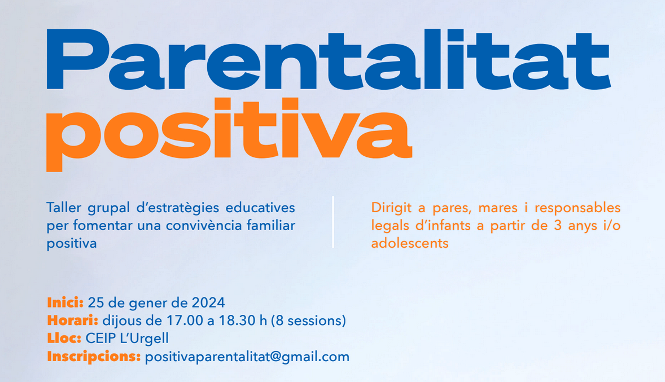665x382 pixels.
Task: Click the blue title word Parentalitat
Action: tap(328, 59)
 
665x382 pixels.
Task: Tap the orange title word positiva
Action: tap(229, 134)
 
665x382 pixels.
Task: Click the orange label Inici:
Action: tap(65, 302)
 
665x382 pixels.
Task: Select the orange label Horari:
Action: tap(72, 320)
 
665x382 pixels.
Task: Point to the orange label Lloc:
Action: tap(64, 339)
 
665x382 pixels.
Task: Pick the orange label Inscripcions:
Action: tap(94, 357)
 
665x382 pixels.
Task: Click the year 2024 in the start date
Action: tap(208, 302)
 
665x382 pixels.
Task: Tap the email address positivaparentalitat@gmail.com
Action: tap(247, 357)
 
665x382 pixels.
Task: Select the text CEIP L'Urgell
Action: tap(127, 339)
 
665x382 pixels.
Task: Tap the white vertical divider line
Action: tap(333, 222)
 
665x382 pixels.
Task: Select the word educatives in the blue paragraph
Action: tap(260, 208)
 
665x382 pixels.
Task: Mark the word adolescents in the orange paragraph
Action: tap(410, 243)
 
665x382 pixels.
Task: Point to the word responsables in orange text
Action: tap(577, 208)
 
